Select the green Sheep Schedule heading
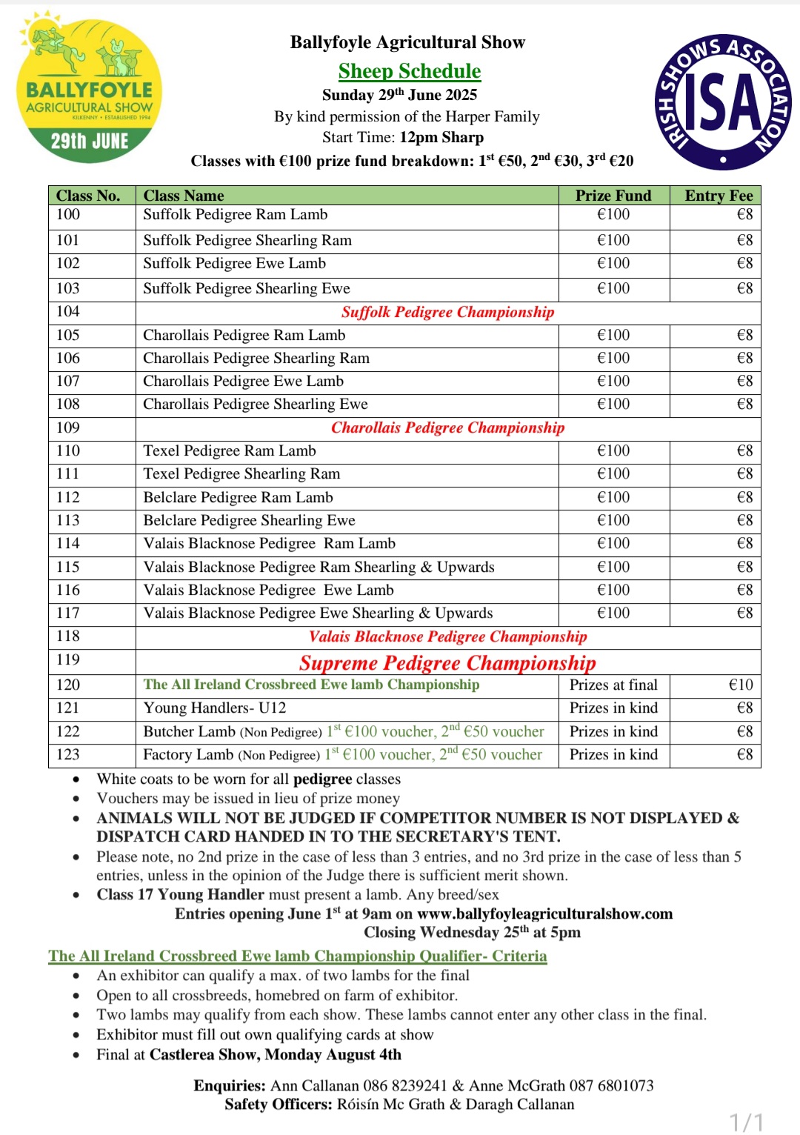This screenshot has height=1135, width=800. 409,71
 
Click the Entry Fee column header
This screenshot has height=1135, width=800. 718,196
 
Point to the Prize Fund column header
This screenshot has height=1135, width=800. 613,196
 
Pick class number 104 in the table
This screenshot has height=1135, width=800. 68,312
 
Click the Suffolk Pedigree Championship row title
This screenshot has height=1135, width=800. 447,312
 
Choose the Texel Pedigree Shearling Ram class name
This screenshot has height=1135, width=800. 241,474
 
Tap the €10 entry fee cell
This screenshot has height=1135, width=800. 740,685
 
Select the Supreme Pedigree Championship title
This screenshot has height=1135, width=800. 447,662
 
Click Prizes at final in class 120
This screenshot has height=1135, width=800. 613,685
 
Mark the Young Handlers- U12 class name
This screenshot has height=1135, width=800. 214,708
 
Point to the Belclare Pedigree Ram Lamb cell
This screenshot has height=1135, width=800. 238,498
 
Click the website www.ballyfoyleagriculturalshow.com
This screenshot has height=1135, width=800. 544,914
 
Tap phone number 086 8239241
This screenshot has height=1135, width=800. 404,1086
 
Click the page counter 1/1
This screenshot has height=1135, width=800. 746,1122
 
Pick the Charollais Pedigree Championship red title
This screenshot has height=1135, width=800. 447,428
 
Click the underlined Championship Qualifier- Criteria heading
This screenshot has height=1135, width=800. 297,956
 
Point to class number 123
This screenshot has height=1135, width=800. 68,755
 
